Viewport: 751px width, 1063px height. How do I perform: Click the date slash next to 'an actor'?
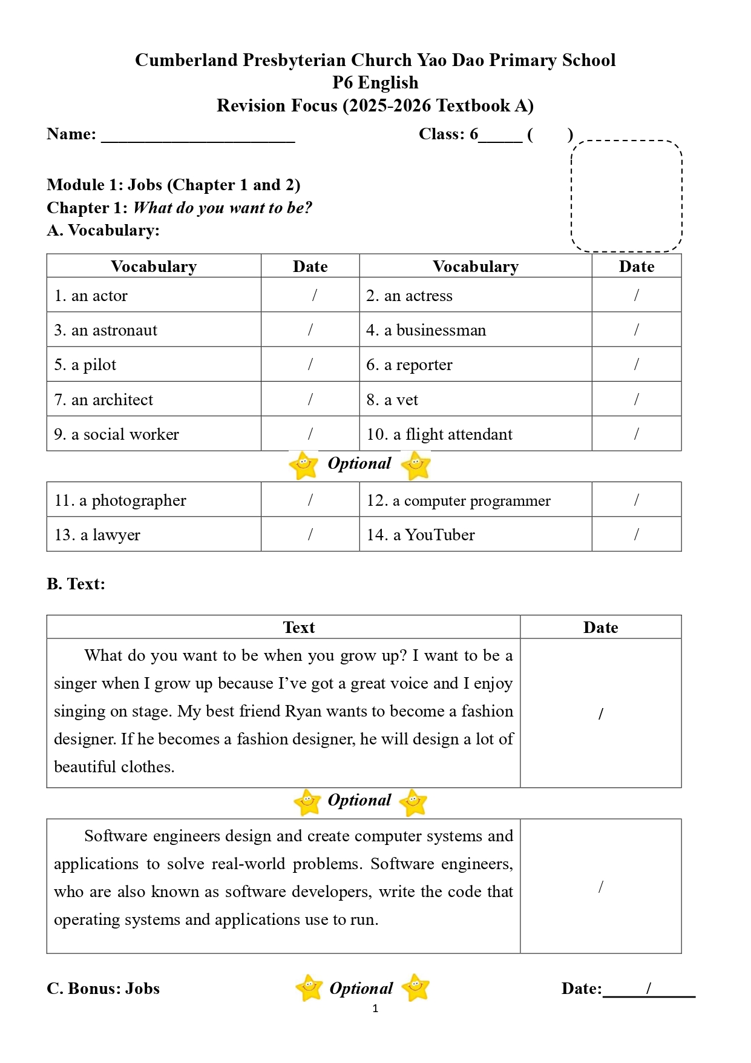tap(315, 295)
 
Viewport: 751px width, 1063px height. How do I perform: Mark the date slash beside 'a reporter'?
tap(636, 364)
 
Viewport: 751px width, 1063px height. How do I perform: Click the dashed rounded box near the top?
tap(626, 196)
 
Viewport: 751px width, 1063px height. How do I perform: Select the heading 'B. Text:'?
tap(76, 584)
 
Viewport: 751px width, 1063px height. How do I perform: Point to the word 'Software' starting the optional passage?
tap(116, 836)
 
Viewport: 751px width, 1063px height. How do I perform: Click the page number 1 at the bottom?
tap(375, 1008)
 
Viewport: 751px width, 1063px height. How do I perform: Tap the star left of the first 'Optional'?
tap(304, 465)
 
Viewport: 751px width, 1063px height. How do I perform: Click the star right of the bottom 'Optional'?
tap(416, 987)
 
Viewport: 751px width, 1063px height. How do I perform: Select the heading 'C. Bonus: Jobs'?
tap(103, 988)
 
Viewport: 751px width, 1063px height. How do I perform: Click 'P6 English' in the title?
tap(375, 82)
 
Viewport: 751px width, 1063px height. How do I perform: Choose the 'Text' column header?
tap(299, 628)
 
